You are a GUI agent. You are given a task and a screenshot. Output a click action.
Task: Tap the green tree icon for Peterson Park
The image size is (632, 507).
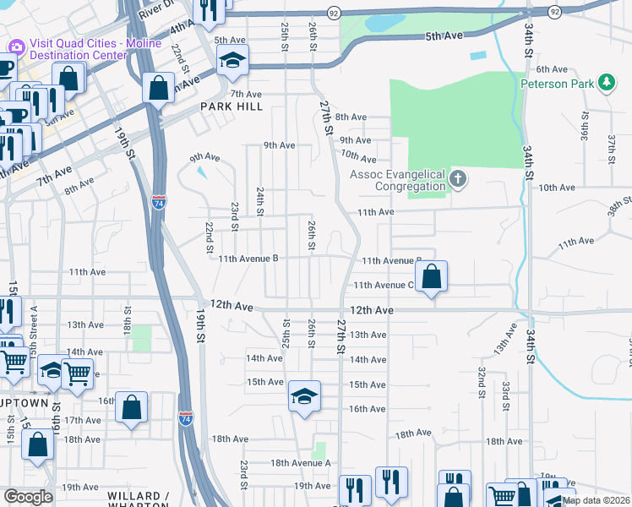[605, 82]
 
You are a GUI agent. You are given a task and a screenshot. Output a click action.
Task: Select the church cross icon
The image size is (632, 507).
[458, 178]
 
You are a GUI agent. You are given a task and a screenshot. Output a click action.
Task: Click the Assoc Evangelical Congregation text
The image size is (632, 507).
[397, 180]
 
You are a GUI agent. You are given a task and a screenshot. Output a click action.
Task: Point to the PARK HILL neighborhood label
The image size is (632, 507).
[232, 107]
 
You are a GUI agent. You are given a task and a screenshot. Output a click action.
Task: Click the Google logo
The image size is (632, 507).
[28, 497]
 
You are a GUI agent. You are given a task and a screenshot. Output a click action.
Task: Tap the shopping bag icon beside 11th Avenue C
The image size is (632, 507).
[431, 275]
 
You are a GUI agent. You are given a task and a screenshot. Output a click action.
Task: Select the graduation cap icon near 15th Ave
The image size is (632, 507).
[304, 395]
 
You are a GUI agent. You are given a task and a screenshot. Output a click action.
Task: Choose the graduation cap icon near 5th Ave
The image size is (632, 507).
[231, 60]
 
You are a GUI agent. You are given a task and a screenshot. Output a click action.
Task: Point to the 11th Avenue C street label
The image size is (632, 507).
[383, 286]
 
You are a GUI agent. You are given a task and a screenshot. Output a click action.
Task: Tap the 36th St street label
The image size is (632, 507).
[584, 127]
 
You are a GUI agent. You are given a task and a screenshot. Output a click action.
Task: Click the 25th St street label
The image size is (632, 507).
[285, 36]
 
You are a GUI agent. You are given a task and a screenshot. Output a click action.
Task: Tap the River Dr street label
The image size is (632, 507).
[156, 7]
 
